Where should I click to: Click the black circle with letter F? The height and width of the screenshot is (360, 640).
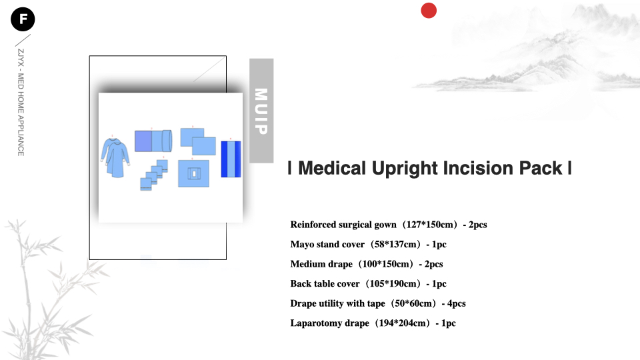click(23, 19)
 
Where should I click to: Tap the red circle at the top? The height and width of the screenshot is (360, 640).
click(429, 11)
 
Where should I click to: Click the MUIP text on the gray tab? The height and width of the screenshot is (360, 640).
click(261, 111)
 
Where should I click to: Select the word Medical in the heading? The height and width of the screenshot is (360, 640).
click(332, 168)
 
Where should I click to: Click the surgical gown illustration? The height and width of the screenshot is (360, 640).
click(115, 157)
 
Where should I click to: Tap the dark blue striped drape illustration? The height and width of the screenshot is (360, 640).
click(231, 159)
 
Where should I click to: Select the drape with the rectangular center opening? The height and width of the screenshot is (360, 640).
click(193, 173)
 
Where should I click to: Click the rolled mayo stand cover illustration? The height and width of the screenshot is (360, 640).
click(153, 141)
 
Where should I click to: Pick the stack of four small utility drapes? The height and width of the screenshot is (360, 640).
click(154, 175)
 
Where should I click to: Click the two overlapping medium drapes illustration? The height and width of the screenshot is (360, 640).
click(198, 141)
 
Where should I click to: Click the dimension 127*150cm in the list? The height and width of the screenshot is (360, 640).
click(429, 225)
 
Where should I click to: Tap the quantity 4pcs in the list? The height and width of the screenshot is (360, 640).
click(456, 304)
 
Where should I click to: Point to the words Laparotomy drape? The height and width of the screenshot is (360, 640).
click(330, 323)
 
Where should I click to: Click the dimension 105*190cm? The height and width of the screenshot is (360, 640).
click(393, 284)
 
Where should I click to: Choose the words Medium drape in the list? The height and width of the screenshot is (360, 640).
click(321, 264)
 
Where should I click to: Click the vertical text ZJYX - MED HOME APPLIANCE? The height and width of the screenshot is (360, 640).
click(21, 103)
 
